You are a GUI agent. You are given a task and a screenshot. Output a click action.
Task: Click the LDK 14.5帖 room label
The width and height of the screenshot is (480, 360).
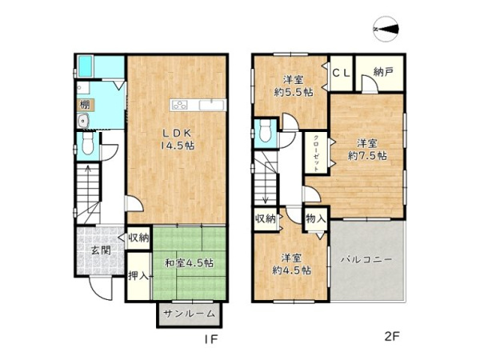(x=178, y=139)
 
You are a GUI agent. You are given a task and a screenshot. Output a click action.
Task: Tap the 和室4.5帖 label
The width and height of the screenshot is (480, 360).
(x=189, y=262)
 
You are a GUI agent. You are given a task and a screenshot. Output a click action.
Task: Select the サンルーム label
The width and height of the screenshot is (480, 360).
(x=189, y=314)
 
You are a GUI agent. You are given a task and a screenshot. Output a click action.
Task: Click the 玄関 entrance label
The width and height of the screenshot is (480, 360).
(x=101, y=250)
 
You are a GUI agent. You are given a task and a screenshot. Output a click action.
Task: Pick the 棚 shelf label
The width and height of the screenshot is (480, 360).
(x=84, y=105)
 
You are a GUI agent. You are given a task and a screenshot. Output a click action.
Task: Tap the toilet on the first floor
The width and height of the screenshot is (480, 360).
(x=88, y=144)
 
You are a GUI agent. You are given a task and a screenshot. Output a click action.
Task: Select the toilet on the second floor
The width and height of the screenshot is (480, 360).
(x=265, y=130)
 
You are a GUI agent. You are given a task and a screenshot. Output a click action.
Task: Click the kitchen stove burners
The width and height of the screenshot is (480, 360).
(x=180, y=105)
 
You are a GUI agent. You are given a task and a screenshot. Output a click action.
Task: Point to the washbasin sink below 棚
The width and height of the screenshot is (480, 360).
(x=83, y=122)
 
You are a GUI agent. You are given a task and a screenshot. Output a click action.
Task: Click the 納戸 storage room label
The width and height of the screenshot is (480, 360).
(x=383, y=72)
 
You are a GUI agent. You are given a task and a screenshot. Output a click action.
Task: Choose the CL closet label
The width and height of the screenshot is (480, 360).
(x=342, y=73)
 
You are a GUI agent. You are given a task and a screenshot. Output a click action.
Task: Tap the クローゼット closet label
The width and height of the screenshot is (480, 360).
(x=316, y=153)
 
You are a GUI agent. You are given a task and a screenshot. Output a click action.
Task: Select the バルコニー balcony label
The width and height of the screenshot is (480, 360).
(x=366, y=259)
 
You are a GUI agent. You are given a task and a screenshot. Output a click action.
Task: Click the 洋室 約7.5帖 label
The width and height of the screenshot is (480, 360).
(x=367, y=150)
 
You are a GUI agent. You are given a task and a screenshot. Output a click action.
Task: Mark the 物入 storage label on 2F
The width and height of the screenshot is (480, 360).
(x=315, y=218)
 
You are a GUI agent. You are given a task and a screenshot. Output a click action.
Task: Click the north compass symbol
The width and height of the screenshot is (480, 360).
(x=386, y=30)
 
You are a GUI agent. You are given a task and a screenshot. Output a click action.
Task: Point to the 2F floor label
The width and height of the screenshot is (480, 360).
(x=392, y=337)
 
